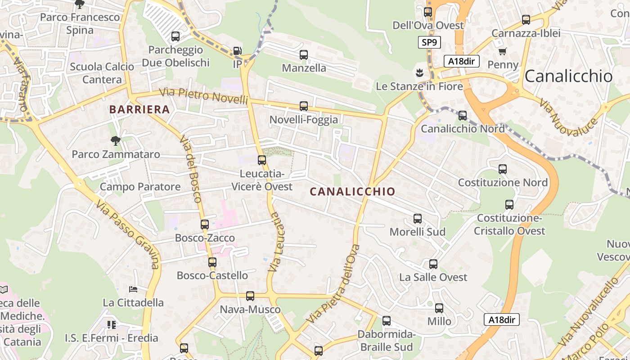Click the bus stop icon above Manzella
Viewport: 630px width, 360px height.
[304, 55]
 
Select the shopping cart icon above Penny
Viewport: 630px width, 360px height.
[503, 52]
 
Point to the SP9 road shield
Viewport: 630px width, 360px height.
[429, 43]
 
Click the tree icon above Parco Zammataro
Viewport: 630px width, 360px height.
[116, 141]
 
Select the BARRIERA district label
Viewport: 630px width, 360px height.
[139, 109]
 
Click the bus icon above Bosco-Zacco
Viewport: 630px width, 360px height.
[205, 224]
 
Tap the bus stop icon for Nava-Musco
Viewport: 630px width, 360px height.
[250, 296]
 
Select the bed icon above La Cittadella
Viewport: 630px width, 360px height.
[133, 289]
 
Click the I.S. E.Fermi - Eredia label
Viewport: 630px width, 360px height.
[111, 337]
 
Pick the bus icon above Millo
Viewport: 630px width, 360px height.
[439, 308]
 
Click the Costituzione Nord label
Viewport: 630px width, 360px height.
[503, 183]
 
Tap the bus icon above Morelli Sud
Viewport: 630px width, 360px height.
[418, 219]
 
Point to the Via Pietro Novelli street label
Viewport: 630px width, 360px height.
[204, 96]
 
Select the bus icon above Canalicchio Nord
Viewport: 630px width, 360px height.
[463, 116]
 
